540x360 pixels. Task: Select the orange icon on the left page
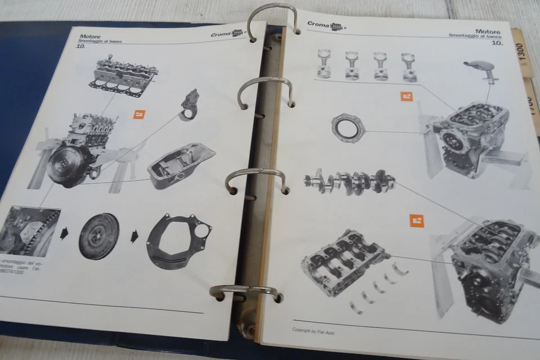138,115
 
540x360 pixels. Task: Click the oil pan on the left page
181,166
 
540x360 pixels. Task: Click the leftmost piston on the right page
323,65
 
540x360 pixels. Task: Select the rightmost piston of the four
408,67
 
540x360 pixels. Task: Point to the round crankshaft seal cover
348,127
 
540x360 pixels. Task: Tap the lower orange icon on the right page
416,220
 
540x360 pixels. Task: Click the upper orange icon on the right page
407,96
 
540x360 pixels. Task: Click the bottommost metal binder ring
245,292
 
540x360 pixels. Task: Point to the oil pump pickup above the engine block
484,69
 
